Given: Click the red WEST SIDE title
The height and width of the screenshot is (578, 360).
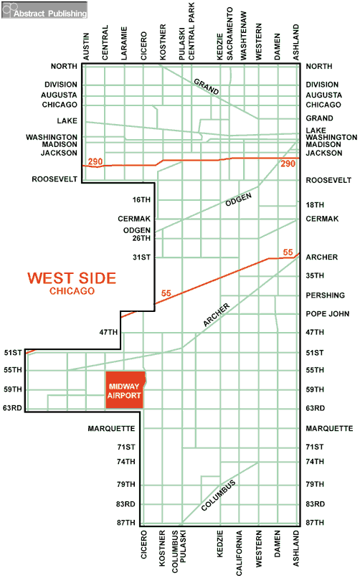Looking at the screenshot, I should pyautogui.click(x=72, y=278).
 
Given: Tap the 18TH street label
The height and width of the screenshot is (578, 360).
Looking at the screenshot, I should pyautogui.click(x=316, y=205).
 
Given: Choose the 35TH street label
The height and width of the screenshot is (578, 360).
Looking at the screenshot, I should pyautogui.click(x=316, y=275).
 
